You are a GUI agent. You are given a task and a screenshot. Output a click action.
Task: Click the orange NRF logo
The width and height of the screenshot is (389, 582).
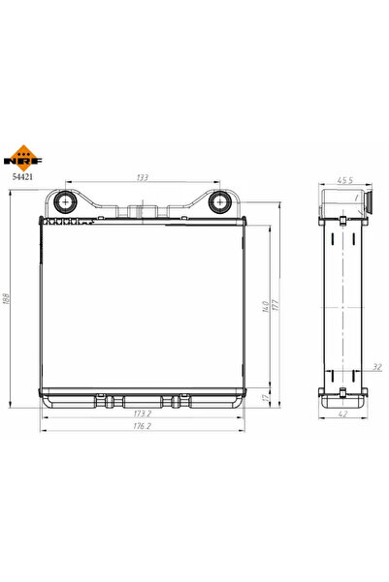[x=22, y=159]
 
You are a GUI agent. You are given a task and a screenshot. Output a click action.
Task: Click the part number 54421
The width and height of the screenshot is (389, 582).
[x=22, y=176]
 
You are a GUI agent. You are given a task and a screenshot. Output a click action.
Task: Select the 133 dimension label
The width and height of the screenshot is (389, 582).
[x=142, y=177]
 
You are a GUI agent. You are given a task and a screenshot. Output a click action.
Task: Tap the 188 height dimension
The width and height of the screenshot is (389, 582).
[x=7, y=299]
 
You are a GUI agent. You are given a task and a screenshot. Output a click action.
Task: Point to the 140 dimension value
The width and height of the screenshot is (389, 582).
[x=266, y=307]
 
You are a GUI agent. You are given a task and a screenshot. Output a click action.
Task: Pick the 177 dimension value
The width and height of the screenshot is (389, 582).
[x=276, y=305]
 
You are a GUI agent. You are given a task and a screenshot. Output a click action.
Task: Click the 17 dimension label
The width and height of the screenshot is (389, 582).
[x=265, y=398]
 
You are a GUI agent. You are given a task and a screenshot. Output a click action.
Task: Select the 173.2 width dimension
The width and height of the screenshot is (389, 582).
[x=142, y=414]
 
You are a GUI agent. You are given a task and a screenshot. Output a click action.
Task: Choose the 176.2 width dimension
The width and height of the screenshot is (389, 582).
[x=142, y=426]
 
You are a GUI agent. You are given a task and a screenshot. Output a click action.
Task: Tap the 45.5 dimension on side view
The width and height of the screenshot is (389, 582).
[x=344, y=180]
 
